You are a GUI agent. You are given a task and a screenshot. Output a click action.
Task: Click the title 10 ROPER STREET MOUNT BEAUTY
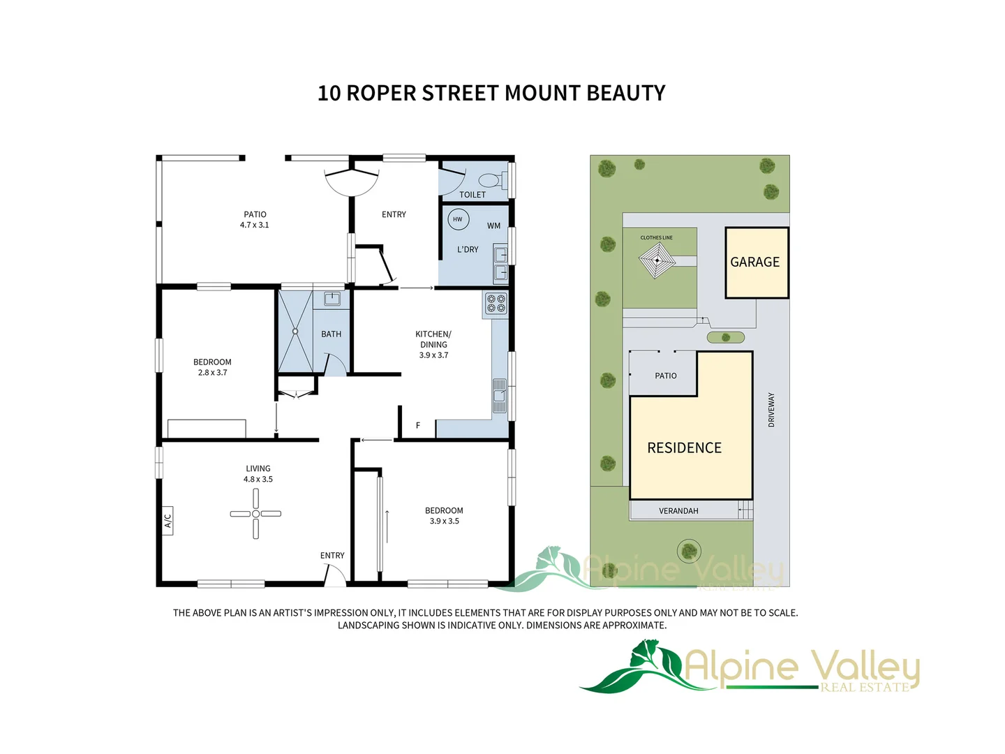point(491,93)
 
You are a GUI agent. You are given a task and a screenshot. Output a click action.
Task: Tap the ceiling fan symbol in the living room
point(255,514)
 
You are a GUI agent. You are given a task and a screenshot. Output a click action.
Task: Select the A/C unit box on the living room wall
point(167,521)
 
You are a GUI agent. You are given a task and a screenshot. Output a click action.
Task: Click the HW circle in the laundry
point(458,219)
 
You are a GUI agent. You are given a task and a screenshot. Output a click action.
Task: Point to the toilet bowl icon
point(490,180)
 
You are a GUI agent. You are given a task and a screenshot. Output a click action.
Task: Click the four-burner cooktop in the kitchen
point(496,304)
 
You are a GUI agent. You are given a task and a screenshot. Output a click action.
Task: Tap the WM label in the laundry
point(493,226)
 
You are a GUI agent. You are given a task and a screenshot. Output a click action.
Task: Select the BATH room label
point(331,334)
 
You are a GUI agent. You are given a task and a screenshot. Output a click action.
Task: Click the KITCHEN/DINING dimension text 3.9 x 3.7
point(433,355)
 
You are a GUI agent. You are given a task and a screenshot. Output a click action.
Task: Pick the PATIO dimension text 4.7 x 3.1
point(254,225)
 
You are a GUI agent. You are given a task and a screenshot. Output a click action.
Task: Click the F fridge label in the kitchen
point(418,425)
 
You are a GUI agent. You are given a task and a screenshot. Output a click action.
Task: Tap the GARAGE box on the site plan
point(757,263)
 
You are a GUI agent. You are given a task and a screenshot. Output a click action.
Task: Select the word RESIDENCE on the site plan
point(684,448)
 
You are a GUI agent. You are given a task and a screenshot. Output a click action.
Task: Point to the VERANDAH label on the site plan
point(678,511)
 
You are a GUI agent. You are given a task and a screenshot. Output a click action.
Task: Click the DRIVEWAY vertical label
point(771,410)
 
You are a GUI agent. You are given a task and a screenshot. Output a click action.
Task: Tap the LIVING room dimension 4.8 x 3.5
point(258,480)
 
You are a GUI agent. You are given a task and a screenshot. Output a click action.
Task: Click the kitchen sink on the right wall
point(499,396)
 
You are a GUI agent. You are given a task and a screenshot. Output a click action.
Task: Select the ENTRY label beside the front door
point(332,556)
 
